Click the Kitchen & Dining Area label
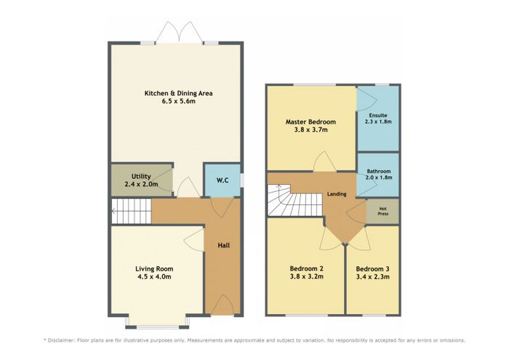[179, 94]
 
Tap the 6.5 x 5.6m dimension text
[179, 101]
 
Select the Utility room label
[141, 176]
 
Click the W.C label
[223, 180]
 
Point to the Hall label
[224, 245]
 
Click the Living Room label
[154, 269]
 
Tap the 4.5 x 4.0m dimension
[154, 277]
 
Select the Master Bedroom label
[310, 122]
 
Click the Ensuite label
[378, 115]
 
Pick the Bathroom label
[379, 172]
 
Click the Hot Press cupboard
[382, 212]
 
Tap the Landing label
[337, 194]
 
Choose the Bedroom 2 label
[306, 269]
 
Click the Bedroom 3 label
[372, 269]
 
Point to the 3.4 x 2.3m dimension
[372, 277]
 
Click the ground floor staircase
[131, 212]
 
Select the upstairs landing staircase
[294, 200]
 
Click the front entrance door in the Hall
[223, 305]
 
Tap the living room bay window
[157, 326]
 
